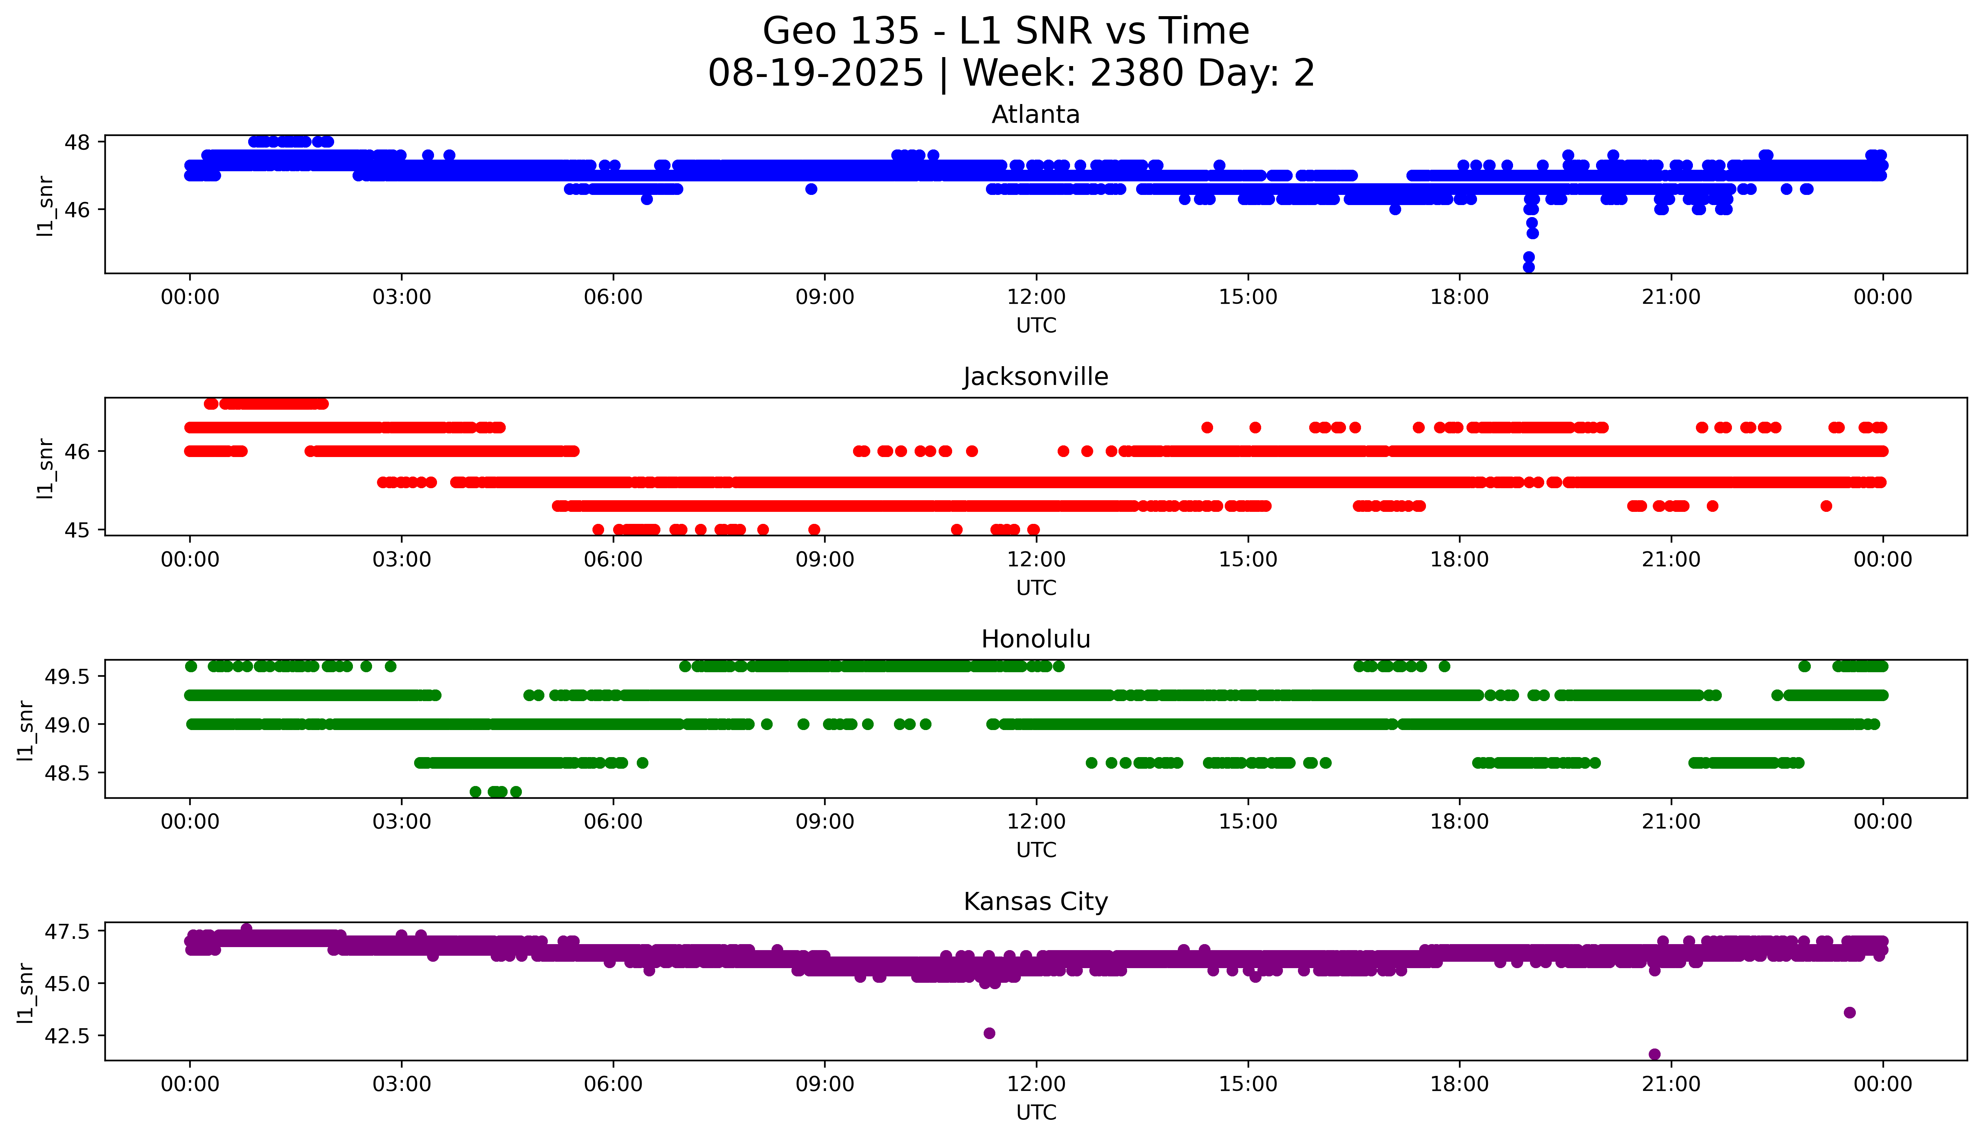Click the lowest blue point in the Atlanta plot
point(1528,267)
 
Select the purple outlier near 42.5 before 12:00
point(989,1033)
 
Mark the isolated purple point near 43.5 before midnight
point(1849,1012)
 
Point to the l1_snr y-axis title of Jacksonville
point(45,468)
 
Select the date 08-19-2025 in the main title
point(815,74)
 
